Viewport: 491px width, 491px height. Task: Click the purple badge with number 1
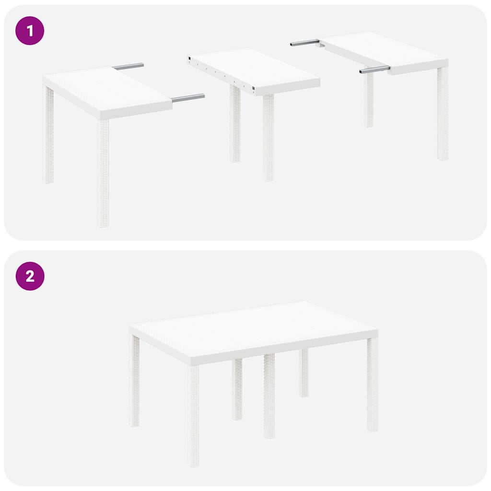point(30,31)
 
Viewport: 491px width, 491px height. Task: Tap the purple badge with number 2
point(30,276)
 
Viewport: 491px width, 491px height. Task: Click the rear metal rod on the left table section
point(129,66)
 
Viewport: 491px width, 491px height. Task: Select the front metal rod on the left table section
point(188,98)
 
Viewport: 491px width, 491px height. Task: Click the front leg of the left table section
point(103,173)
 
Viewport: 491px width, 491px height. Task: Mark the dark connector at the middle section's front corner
point(254,89)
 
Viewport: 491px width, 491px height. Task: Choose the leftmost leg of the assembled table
point(134,381)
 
